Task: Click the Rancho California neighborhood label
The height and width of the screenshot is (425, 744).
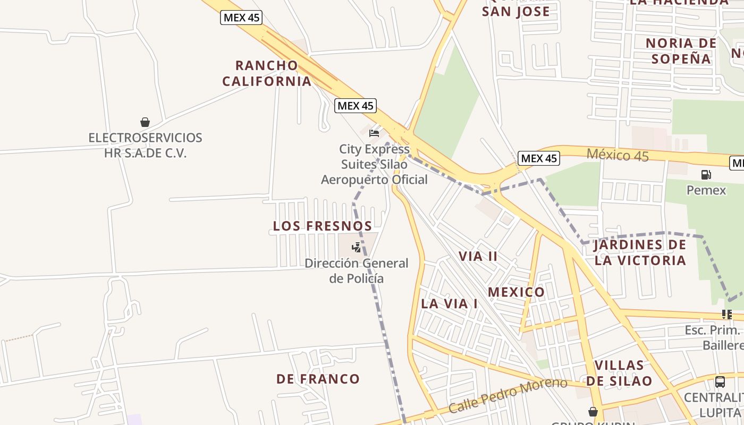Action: (x=267, y=73)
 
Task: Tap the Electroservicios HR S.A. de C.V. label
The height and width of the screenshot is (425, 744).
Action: (x=145, y=146)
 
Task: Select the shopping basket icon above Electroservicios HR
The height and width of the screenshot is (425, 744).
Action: (x=145, y=122)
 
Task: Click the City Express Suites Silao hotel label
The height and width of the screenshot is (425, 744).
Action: (x=374, y=164)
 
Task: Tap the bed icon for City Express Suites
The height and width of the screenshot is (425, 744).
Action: (x=374, y=133)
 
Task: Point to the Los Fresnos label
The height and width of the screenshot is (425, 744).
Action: (x=323, y=226)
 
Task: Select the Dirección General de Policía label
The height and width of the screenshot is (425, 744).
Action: (x=356, y=270)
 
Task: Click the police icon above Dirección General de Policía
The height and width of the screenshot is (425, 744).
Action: (x=356, y=247)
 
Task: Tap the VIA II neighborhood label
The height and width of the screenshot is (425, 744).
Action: (x=478, y=257)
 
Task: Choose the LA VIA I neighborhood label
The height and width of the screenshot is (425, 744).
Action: (x=449, y=304)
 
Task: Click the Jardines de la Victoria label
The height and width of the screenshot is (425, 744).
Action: (x=640, y=252)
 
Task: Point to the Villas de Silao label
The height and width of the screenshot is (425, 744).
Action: (x=619, y=373)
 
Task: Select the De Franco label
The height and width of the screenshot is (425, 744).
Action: (x=318, y=379)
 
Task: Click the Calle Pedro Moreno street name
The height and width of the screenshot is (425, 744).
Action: (x=508, y=395)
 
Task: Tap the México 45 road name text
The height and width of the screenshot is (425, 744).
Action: (x=618, y=155)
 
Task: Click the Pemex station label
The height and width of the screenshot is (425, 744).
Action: (x=706, y=190)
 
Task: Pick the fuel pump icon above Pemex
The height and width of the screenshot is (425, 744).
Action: (x=706, y=174)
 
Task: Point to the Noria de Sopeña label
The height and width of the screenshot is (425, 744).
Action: (x=681, y=51)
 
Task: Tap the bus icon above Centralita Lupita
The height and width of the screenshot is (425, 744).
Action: (x=720, y=381)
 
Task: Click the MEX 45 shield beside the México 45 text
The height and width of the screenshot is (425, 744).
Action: (x=539, y=158)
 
